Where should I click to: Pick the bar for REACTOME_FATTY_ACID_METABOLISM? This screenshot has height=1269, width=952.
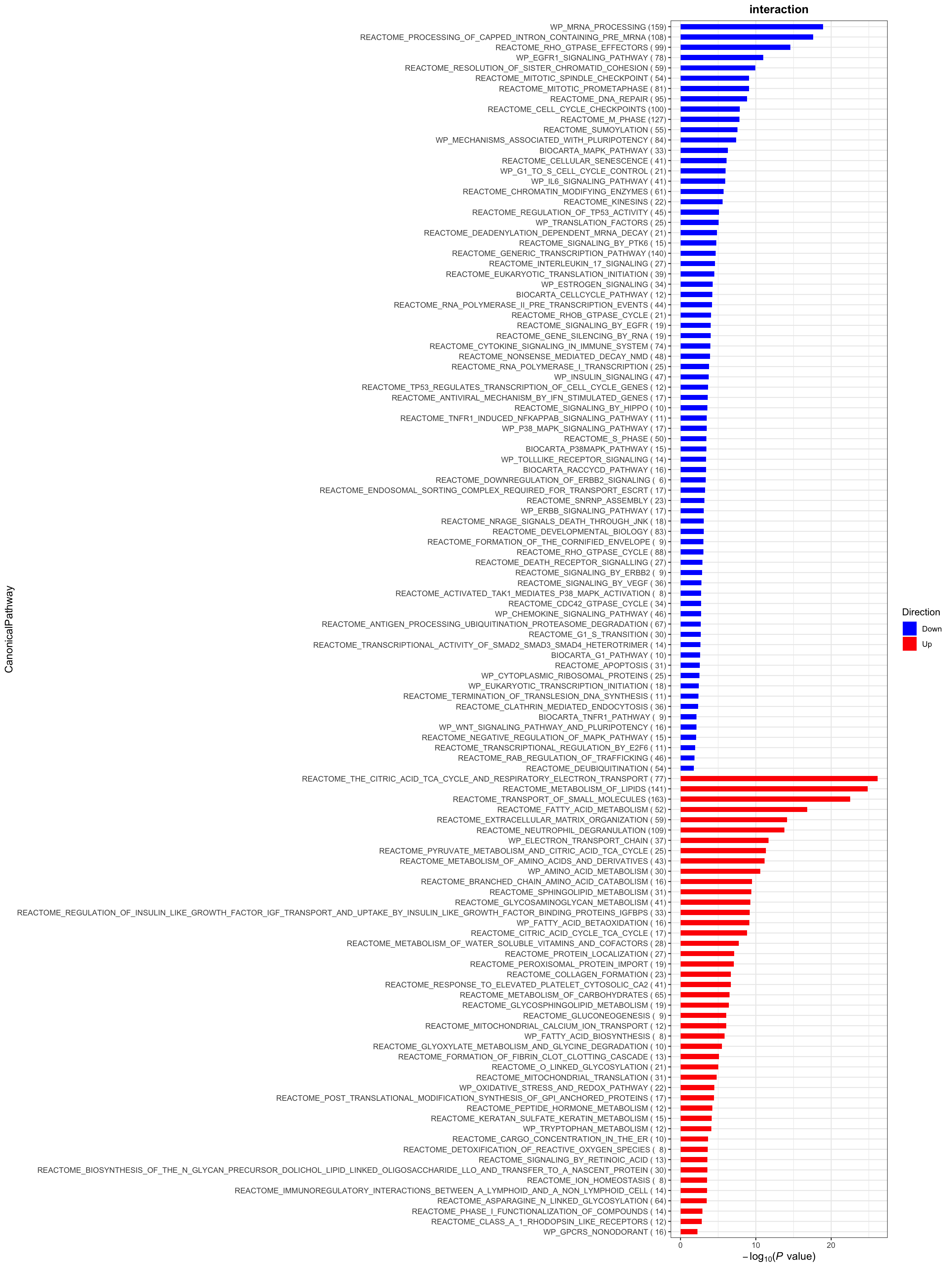[743, 809]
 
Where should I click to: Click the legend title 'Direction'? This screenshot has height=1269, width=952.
[921, 612]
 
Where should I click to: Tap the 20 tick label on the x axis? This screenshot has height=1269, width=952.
[831, 1245]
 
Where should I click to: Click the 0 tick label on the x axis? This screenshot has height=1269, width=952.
[681, 1245]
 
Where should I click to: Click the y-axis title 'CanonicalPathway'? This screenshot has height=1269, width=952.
[9, 629]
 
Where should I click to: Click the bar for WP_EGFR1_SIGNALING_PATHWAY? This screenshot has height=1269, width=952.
[721, 58]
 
